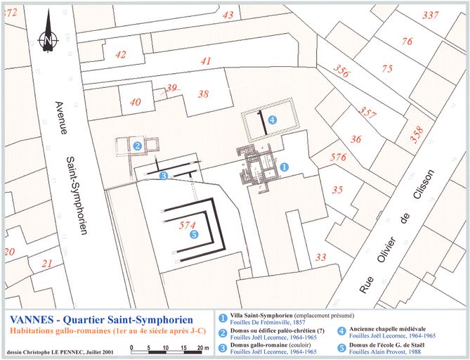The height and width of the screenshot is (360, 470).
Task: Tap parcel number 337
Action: pos(431,15)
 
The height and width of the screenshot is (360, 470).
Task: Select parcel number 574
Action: pos(186,225)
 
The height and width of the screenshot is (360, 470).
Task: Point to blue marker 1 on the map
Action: pos(285,167)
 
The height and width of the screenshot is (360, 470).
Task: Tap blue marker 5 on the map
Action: pos(194,235)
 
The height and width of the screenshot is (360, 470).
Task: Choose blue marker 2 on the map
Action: pos(138,146)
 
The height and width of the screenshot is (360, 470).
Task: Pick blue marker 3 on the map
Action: pos(163,176)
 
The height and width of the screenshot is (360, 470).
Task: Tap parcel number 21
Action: pos(47,264)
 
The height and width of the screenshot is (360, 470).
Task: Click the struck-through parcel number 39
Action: pos(171,88)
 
